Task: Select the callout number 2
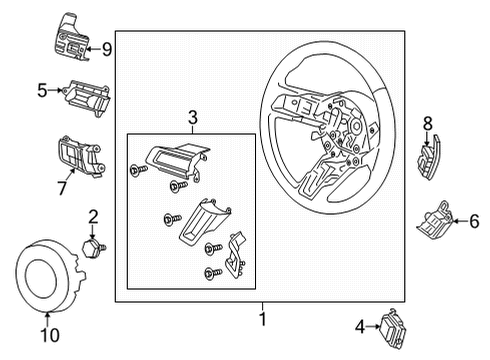(92, 216)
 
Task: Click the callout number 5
(42, 91)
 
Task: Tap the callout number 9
(107, 47)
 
